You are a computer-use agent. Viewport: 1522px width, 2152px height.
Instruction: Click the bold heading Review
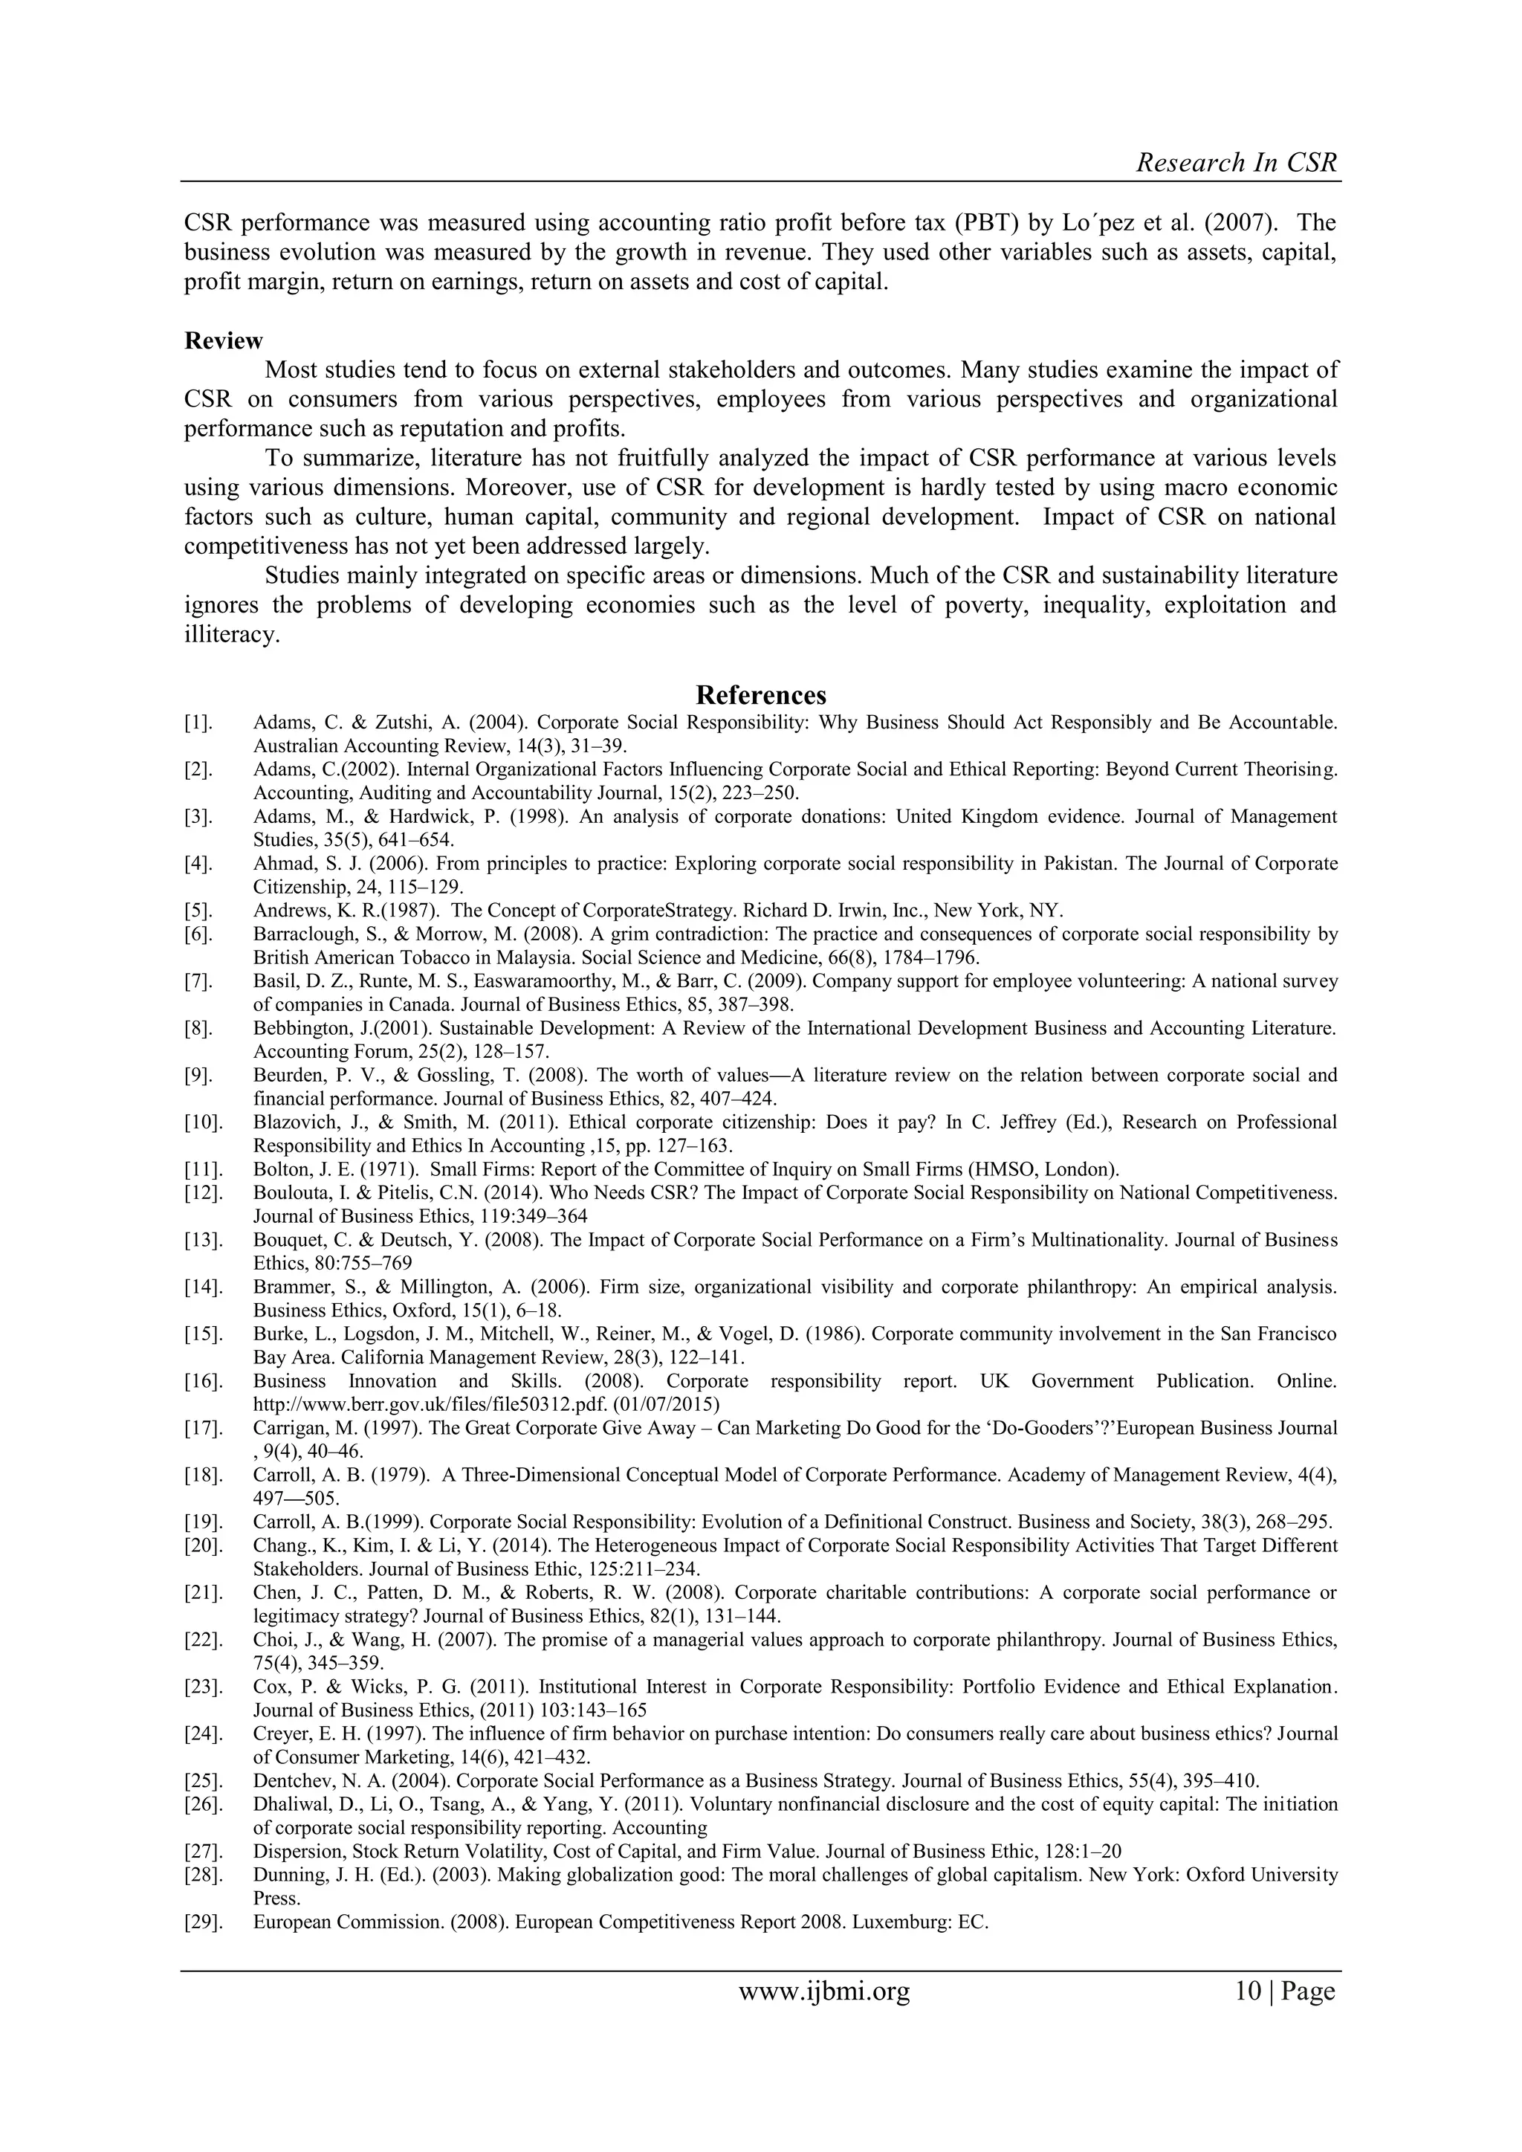pyautogui.click(x=223, y=340)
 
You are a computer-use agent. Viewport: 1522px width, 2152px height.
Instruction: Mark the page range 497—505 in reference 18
pyautogui.click(x=291, y=1498)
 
